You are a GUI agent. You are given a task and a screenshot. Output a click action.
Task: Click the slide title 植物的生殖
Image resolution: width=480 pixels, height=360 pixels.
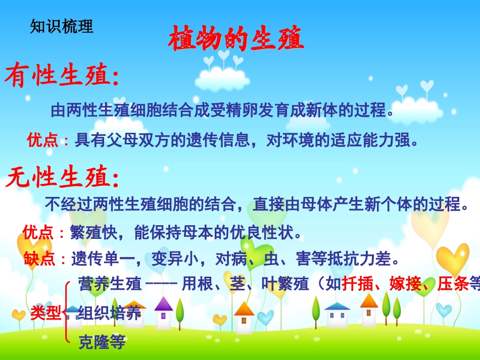click(236, 39)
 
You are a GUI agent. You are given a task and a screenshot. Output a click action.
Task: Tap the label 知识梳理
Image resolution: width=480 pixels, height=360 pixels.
click(62, 26)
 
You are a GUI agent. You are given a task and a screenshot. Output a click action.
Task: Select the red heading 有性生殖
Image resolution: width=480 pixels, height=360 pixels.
click(62, 77)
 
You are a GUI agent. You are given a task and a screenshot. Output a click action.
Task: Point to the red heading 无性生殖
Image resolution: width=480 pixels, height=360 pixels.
click(63, 178)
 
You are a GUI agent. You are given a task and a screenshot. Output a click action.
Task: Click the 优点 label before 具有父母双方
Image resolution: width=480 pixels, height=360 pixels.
click(42, 140)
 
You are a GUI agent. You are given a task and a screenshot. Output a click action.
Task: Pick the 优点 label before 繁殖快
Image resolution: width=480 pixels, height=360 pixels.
click(38, 233)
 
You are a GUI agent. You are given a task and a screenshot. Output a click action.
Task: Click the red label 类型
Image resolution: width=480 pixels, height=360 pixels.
click(45, 313)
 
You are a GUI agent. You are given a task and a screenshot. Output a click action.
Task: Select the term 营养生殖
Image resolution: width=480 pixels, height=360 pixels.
click(110, 284)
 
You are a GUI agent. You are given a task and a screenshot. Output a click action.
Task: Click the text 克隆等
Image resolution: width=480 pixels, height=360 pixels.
click(102, 343)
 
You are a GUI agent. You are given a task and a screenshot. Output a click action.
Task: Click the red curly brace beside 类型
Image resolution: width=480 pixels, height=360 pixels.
click(67, 313)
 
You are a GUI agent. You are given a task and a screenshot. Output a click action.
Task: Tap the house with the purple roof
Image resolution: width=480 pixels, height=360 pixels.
click(163, 313)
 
